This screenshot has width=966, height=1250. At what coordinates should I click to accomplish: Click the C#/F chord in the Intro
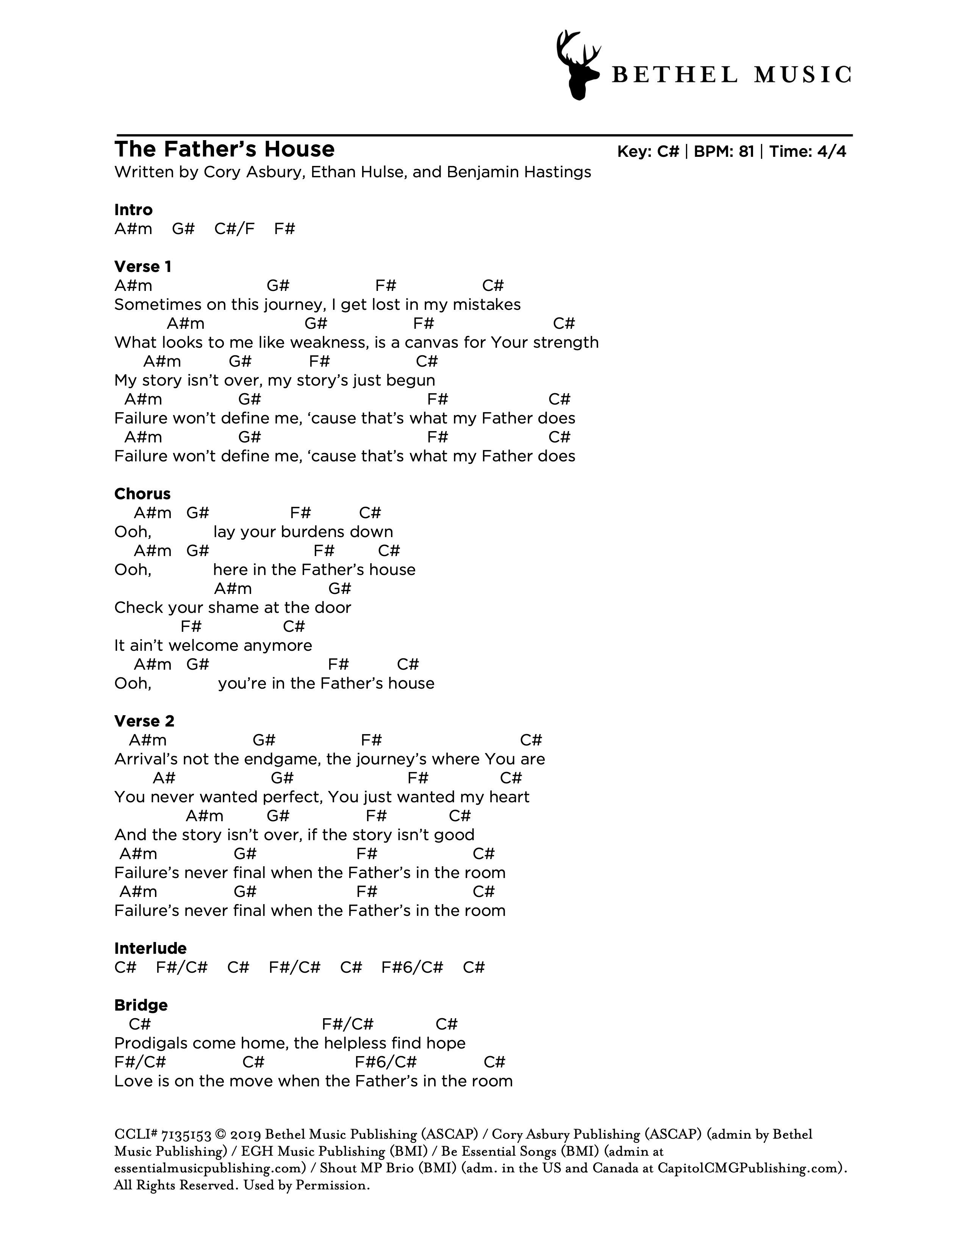(x=234, y=229)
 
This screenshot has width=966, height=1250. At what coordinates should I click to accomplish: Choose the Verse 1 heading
(x=142, y=267)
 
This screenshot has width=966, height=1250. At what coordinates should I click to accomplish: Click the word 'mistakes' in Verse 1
(x=486, y=305)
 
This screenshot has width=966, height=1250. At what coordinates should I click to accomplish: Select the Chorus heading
(x=142, y=494)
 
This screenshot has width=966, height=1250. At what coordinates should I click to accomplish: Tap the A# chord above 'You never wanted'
(x=164, y=778)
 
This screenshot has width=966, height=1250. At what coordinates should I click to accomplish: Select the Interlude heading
(x=150, y=948)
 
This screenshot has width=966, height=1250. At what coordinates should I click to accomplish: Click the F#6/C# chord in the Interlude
(x=412, y=968)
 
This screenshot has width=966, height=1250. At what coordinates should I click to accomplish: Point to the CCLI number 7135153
(x=186, y=1134)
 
